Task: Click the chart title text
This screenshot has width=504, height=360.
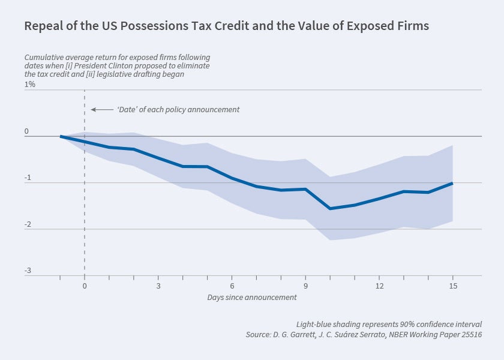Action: [226, 26]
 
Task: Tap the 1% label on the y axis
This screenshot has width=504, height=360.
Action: [30, 85]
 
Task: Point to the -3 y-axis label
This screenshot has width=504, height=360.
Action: [28, 271]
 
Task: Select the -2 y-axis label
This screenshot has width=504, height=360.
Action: [28, 225]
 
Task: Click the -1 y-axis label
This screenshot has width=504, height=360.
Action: [28, 179]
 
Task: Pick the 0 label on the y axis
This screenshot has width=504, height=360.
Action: [27, 131]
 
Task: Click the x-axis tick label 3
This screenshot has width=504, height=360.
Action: [158, 286]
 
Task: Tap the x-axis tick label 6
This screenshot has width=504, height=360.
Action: [232, 286]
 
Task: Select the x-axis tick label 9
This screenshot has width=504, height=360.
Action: [305, 286]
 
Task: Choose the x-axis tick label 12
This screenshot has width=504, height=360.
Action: [379, 286]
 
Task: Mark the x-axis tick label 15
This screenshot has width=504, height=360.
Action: [453, 286]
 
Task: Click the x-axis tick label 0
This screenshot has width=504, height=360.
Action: [85, 286]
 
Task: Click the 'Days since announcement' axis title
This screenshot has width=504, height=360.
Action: [252, 297]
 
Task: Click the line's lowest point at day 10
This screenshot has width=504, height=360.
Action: [330, 208]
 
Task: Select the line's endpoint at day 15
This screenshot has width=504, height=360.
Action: [452, 183]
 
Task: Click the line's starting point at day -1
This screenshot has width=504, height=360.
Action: [61, 136]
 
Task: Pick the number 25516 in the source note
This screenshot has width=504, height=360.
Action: [469, 334]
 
